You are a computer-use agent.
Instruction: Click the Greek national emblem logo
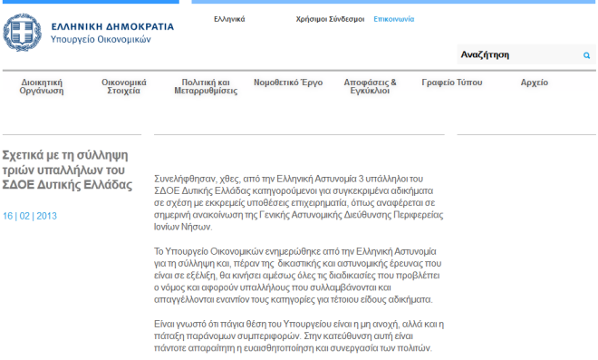(22, 33)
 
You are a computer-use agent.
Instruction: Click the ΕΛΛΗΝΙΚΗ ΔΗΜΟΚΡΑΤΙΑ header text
(112, 26)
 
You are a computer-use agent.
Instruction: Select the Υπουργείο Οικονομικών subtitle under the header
(101, 39)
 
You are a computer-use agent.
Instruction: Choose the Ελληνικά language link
(229, 19)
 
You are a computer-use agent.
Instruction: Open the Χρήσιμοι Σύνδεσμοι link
(331, 19)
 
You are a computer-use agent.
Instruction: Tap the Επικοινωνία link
(393, 19)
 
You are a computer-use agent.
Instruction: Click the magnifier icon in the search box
(586, 55)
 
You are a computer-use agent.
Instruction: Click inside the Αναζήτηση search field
(518, 54)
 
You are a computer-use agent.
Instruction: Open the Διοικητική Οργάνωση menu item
(42, 87)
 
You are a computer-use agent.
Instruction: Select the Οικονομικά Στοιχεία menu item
(123, 87)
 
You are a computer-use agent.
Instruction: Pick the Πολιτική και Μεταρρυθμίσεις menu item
(206, 87)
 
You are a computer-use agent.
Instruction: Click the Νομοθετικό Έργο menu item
(288, 83)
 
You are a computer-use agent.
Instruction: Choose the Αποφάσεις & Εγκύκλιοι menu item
(370, 87)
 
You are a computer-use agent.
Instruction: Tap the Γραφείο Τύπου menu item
(452, 83)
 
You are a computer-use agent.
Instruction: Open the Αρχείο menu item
(535, 83)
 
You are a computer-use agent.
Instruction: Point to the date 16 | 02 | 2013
(30, 216)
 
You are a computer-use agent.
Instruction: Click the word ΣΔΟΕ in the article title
(18, 185)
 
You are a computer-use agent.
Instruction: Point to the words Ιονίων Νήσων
(183, 227)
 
